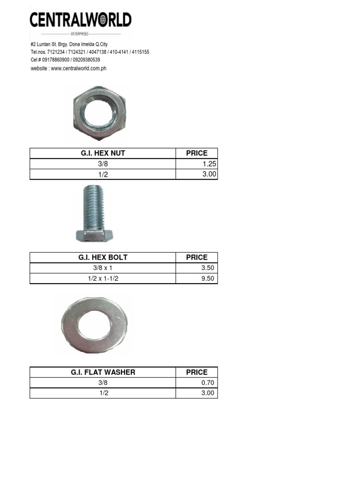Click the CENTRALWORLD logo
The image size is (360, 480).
81,23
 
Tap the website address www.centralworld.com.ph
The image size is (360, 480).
79,68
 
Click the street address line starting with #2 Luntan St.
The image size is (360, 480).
69,45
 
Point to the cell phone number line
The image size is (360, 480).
65,60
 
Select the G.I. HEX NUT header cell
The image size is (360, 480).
103,153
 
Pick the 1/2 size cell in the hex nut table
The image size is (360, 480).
103,174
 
